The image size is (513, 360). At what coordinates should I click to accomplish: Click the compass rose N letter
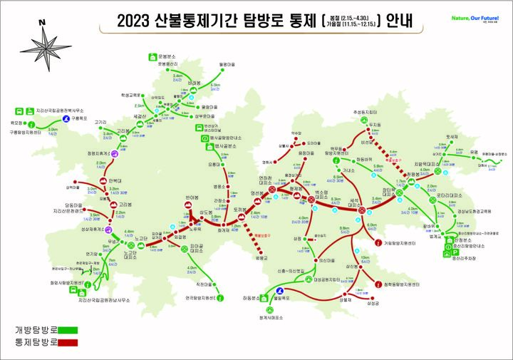[42, 24]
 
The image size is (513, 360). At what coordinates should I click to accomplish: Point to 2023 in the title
[134, 21]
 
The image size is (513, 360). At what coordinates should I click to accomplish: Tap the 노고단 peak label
[140, 237]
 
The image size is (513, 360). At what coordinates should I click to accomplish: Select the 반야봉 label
[190, 197]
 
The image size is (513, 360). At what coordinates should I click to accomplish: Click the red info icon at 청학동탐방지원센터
[378, 284]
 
